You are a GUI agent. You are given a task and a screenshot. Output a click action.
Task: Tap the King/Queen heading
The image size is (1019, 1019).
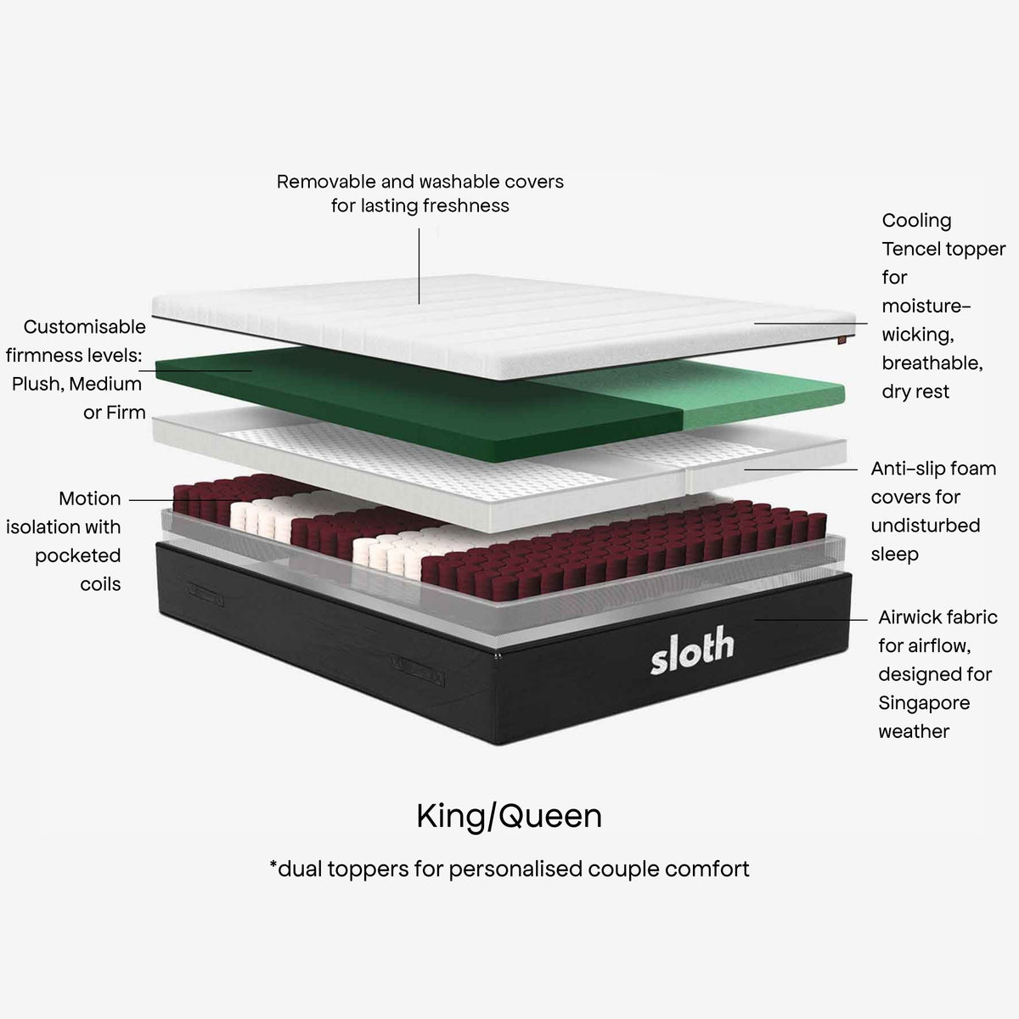click(x=509, y=817)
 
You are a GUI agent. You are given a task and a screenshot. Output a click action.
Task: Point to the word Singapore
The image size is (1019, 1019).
click(x=925, y=703)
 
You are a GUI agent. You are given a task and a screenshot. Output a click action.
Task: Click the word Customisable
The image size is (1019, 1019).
click(x=85, y=327)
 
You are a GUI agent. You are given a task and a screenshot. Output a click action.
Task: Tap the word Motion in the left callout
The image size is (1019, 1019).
click(x=90, y=498)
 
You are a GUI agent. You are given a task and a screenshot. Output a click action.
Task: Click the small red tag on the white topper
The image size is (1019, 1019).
click(x=842, y=340)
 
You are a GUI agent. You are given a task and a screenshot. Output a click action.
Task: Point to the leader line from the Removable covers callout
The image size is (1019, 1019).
click(x=419, y=266)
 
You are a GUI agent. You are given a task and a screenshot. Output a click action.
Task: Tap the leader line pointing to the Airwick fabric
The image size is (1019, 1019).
click(x=811, y=619)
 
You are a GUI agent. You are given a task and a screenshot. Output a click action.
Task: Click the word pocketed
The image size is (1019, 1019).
click(x=78, y=555)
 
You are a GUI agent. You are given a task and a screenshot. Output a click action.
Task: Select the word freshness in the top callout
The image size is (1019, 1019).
click(x=466, y=205)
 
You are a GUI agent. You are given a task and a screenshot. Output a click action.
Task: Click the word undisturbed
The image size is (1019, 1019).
click(x=926, y=526)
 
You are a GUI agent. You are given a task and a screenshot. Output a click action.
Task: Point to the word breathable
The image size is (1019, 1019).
click(x=932, y=363)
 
